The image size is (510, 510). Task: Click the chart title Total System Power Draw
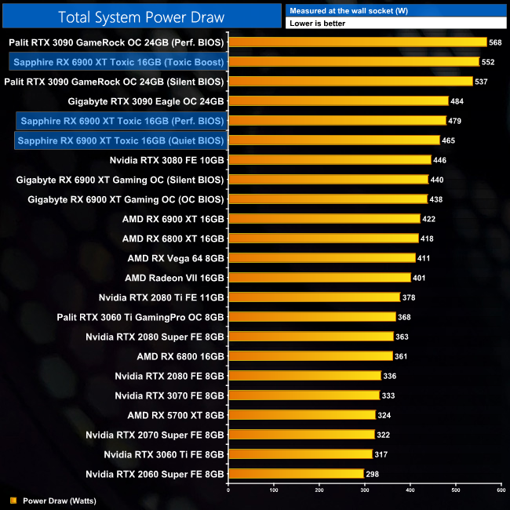coord(141,16)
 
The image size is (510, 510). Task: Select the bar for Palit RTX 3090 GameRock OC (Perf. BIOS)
coord(358,42)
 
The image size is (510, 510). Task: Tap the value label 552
coord(488,62)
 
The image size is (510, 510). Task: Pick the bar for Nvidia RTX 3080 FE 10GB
coord(330,160)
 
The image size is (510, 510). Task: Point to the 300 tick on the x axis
coord(365,490)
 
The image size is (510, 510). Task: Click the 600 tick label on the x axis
coord(501,490)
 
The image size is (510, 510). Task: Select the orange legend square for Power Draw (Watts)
coord(13,500)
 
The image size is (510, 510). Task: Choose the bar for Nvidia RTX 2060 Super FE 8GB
coord(296,474)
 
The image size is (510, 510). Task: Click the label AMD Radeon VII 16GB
coord(175,278)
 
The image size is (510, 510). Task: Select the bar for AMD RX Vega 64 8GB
coord(322,258)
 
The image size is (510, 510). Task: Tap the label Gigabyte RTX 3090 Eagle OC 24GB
coord(147,101)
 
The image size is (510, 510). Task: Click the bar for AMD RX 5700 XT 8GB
coord(302,415)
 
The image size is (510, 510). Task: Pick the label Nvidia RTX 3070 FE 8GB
coord(169,395)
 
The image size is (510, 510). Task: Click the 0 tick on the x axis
coord(228,490)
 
